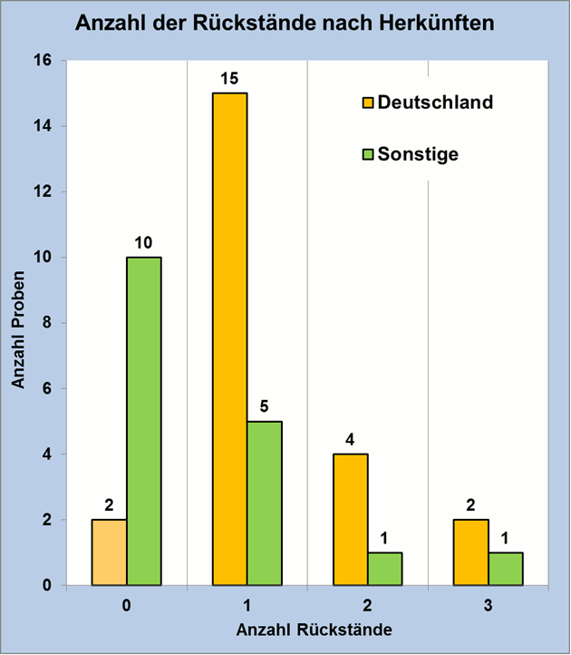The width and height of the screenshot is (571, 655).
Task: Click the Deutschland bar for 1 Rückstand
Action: click(230, 338)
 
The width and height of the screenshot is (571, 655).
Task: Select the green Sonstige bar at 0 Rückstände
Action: click(144, 421)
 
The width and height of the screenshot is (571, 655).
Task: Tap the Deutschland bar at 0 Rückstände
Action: click(110, 552)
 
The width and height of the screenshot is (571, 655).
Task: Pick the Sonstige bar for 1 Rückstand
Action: click(265, 503)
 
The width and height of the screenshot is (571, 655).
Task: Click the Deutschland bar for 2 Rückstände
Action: click(351, 520)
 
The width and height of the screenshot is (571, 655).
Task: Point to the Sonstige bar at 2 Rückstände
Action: click(385, 569)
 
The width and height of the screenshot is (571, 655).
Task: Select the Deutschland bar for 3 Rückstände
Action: click(471, 552)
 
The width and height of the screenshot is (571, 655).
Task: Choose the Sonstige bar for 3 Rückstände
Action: click(506, 569)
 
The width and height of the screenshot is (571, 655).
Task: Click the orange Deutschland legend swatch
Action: click(368, 102)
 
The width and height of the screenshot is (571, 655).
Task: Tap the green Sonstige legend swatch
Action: click(368, 154)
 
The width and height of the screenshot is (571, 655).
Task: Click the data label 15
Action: click(230, 77)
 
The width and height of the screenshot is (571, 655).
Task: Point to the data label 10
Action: click(144, 242)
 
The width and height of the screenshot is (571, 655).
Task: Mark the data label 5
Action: click(265, 406)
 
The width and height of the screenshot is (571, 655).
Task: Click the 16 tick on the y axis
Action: click(43, 61)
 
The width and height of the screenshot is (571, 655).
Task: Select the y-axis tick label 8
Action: click(47, 323)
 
